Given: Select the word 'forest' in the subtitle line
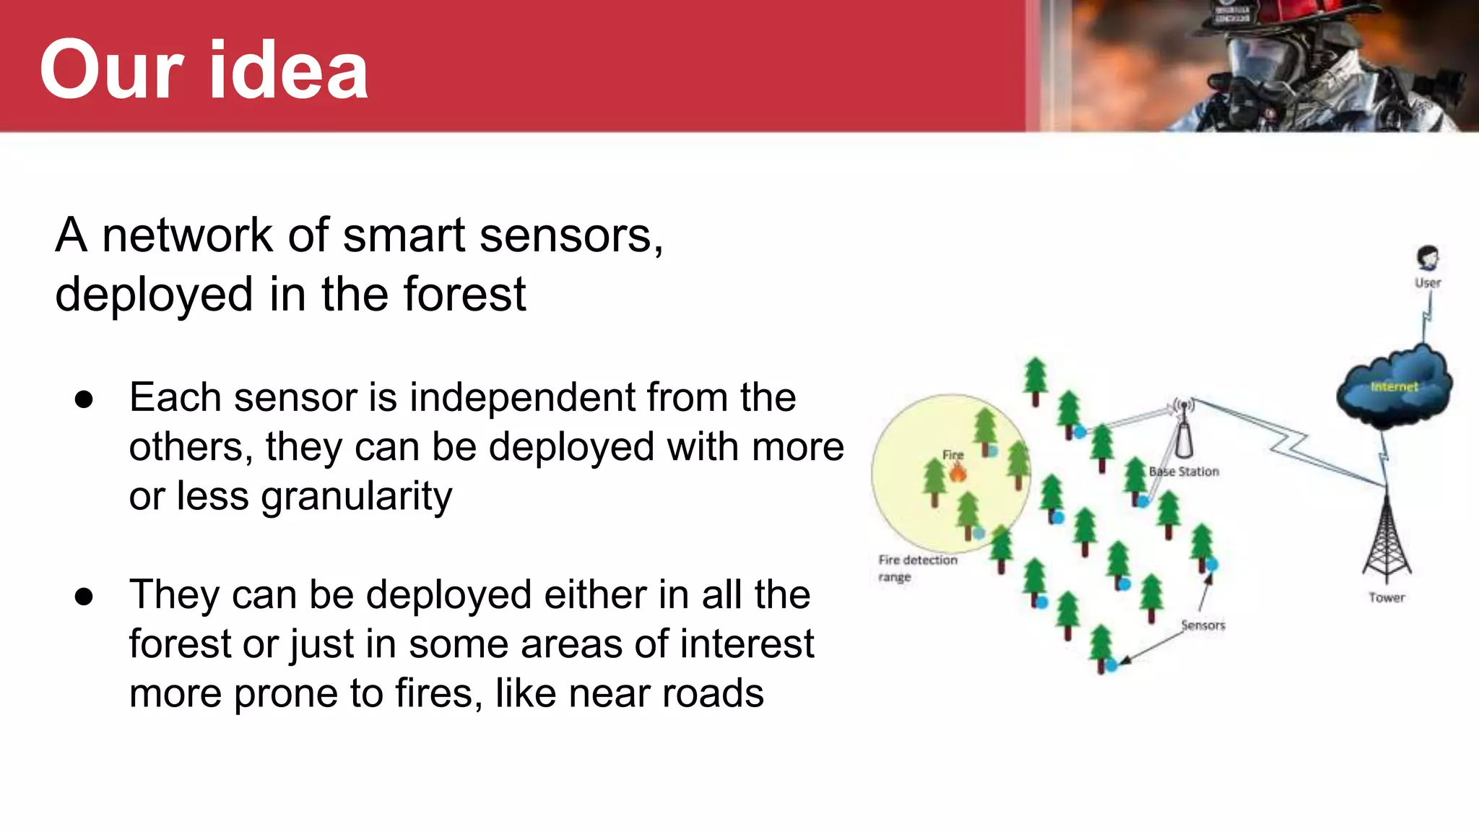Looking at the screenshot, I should [x=464, y=295].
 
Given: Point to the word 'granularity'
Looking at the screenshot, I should [x=291, y=497].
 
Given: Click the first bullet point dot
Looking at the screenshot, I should [x=84, y=399].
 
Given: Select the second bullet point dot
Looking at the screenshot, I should [x=84, y=597].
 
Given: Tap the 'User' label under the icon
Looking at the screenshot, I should [x=1427, y=283].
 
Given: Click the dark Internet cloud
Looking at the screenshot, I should [x=1393, y=389].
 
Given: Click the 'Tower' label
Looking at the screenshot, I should [x=1387, y=598].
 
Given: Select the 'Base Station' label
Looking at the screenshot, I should [x=1184, y=472].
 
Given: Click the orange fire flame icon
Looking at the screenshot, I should [x=958, y=472].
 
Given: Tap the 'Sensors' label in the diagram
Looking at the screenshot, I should [x=1203, y=625].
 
